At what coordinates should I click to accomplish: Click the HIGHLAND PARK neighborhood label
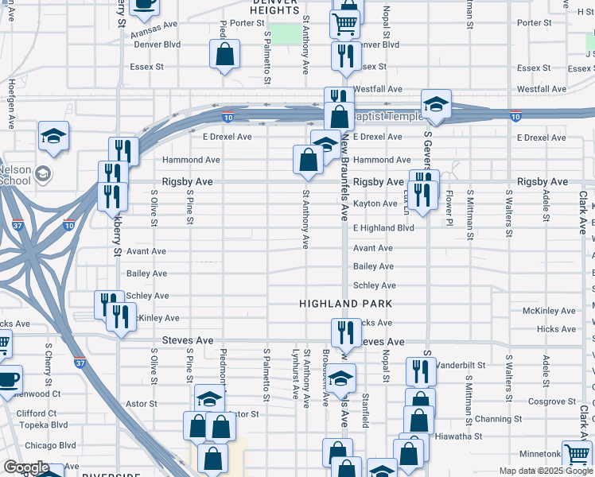point(335,304)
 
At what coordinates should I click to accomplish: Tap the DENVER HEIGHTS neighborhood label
point(274,6)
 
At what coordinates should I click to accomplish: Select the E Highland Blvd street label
point(383,228)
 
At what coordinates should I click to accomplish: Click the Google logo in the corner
point(25,467)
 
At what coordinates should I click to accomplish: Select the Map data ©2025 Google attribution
point(545,471)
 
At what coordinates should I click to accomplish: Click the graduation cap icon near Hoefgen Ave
point(53,136)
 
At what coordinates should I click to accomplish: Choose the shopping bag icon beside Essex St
point(225,55)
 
